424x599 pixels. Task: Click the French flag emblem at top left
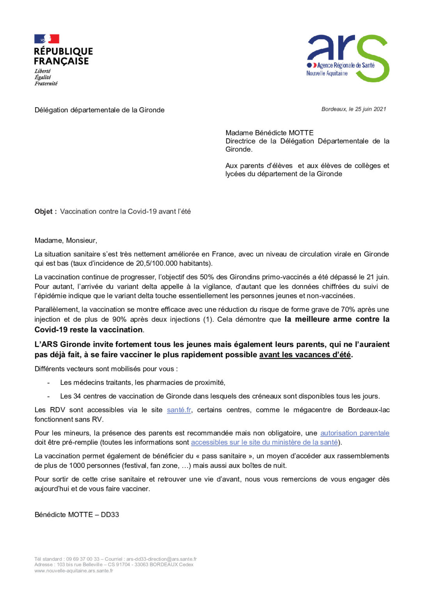(47, 39)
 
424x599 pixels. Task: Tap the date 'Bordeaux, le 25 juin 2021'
(353, 109)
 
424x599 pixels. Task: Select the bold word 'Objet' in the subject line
(44, 211)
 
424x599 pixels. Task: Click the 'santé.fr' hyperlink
(179, 410)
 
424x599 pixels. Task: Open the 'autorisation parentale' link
(355, 433)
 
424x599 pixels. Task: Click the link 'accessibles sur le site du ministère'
(264, 442)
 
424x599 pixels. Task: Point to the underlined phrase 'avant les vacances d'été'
(305, 355)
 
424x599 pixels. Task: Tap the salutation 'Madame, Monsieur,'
(66, 241)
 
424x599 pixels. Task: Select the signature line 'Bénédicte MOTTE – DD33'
(77, 515)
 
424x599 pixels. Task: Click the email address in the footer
(161, 559)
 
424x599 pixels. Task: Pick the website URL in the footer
(74, 571)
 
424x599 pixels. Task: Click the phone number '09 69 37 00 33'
(83, 559)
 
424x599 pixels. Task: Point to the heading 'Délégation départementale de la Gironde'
(99, 110)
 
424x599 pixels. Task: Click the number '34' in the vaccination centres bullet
(77, 396)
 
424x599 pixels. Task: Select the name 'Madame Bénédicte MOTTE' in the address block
(270, 133)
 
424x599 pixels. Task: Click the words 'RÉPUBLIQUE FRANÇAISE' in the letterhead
(63, 56)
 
